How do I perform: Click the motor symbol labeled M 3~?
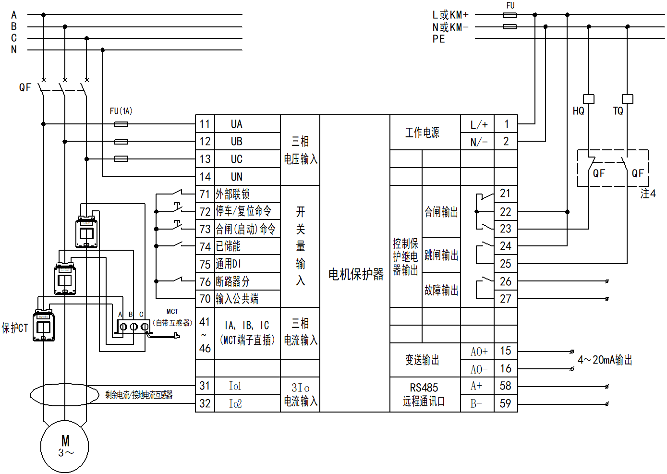click(65, 446)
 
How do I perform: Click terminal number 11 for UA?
click(205, 124)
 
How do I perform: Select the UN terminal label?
click(237, 177)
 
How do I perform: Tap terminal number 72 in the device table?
click(205, 211)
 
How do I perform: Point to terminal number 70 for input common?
click(205, 299)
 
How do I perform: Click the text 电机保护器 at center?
click(356, 274)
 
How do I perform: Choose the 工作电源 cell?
click(422, 133)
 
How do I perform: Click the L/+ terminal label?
click(479, 125)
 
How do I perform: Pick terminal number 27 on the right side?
click(506, 299)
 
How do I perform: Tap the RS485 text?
click(424, 388)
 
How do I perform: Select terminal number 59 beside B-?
click(506, 403)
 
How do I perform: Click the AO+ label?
click(479, 352)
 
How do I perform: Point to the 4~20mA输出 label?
click(605, 360)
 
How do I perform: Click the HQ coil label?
click(579, 111)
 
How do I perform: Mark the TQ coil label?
click(618, 111)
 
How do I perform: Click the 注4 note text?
click(648, 194)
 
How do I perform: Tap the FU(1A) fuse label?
click(121, 111)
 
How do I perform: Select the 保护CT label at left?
click(15, 328)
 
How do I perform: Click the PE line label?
click(438, 39)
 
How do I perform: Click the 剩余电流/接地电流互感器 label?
click(139, 395)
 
